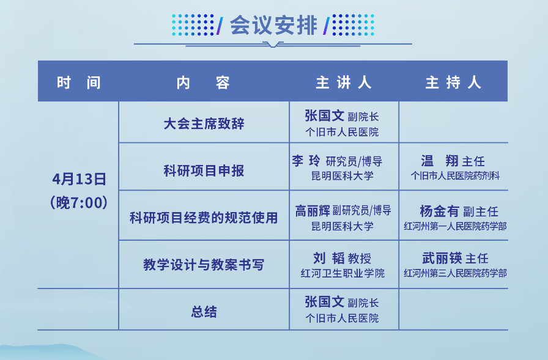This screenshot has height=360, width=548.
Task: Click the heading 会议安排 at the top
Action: [273, 25]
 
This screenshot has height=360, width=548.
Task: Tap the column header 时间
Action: [79, 83]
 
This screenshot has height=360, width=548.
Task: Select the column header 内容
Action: [203, 83]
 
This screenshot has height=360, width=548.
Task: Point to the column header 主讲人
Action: [344, 83]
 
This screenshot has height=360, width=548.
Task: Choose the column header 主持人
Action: [453, 83]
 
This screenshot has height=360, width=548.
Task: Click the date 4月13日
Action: [80, 179]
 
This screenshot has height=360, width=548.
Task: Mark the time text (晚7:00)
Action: [79, 202]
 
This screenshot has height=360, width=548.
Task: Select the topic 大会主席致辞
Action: [204, 123]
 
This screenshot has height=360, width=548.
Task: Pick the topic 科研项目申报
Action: [204, 171]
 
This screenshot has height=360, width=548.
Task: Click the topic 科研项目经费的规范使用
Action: [204, 218]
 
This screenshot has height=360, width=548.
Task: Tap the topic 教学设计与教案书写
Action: [204, 265]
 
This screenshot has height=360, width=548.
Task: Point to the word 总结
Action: [204, 312]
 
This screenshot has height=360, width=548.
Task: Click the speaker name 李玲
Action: [306, 161]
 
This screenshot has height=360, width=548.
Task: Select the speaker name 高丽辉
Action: [313, 210]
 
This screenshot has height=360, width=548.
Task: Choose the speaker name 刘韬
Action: [329, 258]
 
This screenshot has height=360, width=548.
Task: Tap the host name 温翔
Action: [439, 161]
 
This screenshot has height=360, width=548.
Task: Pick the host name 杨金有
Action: [439, 211]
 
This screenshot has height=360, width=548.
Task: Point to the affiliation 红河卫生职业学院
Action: [342, 273]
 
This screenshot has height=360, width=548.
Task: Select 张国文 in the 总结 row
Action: [324, 302]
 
